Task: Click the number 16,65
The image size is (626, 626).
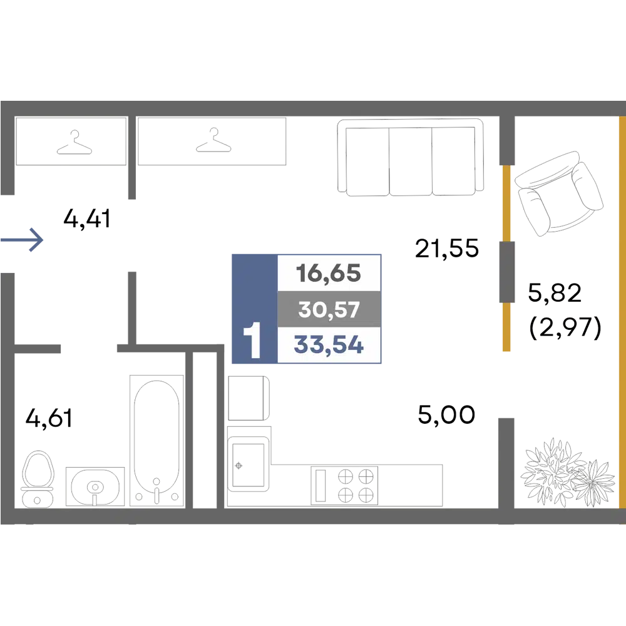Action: [328, 274]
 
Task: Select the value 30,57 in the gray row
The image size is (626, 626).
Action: [328, 309]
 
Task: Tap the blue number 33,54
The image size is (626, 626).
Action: [328, 345]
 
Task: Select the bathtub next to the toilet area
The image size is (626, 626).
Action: [155, 438]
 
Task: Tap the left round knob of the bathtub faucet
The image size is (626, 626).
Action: [140, 496]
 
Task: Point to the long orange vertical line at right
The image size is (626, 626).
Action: [620, 313]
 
